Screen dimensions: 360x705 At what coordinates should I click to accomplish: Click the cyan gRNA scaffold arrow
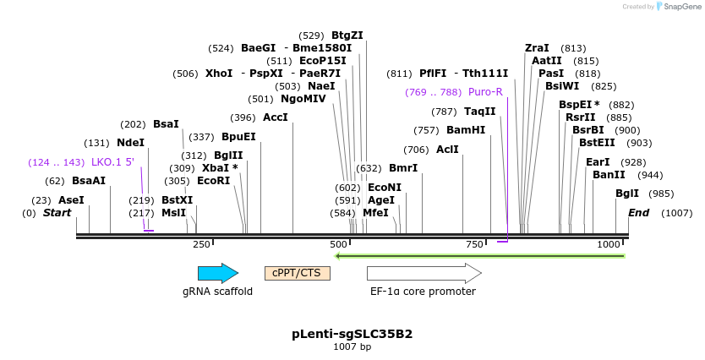click(217, 273)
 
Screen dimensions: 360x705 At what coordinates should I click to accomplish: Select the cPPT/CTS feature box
click(297, 273)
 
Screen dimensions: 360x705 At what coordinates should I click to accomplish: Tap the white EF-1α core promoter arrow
click(424, 273)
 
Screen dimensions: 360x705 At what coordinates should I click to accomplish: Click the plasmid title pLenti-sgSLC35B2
click(352, 334)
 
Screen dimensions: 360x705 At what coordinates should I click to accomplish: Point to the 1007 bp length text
click(352, 347)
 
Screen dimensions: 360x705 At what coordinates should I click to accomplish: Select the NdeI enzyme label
click(130, 143)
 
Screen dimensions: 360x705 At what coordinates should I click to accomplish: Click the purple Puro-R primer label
click(485, 91)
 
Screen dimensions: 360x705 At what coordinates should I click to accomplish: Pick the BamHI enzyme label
click(466, 130)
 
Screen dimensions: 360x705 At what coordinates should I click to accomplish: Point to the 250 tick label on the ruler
click(201, 244)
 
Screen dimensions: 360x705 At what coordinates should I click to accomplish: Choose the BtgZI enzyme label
click(347, 35)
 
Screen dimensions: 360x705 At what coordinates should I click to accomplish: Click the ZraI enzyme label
click(537, 48)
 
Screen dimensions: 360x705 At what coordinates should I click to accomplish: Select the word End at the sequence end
click(638, 213)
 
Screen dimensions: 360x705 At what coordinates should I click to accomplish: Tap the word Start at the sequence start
click(57, 213)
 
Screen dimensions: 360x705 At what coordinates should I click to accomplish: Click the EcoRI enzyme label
click(213, 181)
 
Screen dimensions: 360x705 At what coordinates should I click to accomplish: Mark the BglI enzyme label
click(627, 194)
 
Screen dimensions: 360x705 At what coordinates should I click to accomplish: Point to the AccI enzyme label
click(276, 117)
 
